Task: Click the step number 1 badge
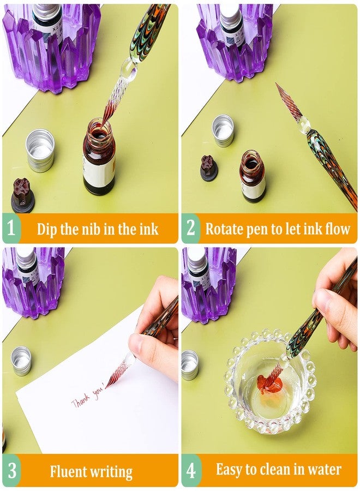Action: click(x=11, y=227)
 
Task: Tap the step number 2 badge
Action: click(x=190, y=227)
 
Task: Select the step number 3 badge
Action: click(x=11, y=471)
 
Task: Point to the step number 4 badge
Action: click(x=191, y=471)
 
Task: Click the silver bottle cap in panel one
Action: click(x=40, y=151)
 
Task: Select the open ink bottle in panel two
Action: click(x=253, y=176)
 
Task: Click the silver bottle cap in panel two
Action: click(x=223, y=131)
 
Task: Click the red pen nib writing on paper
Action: click(x=116, y=373)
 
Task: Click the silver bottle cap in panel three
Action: click(x=21, y=361)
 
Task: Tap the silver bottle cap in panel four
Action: click(x=189, y=365)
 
